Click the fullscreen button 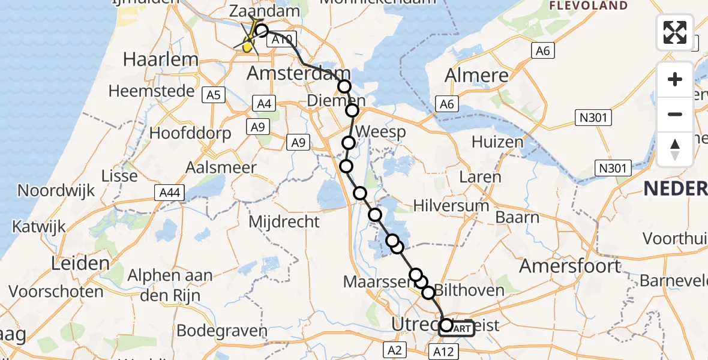click(x=675, y=32)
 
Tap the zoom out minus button click(x=675, y=114)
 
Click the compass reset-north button click(x=675, y=149)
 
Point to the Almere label click(x=476, y=76)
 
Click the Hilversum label click(x=451, y=206)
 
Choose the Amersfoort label click(x=570, y=265)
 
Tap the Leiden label click(x=81, y=263)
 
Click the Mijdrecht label click(x=284, y=221)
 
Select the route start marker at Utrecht click(x=446, y=326)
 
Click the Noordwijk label click(x=56, y=191)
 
